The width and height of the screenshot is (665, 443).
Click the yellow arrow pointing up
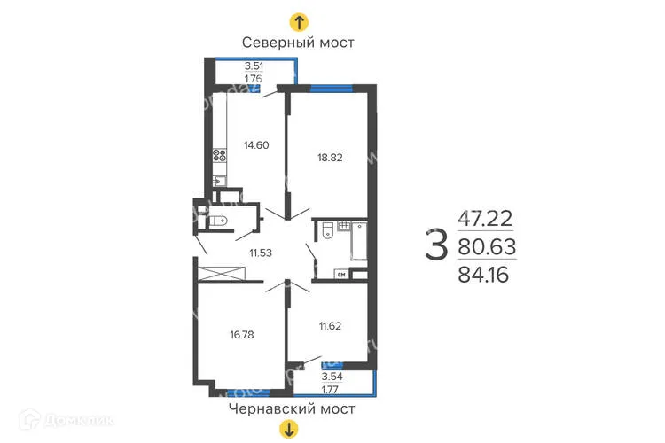click(x=300, y=22)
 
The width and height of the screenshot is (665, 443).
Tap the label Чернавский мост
click(x=291, y=408)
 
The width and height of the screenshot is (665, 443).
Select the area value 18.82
click(x=330, y=159)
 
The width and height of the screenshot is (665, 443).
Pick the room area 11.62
click(x=329, y=325)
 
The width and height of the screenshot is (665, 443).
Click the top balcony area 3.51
click(x=256, y=65)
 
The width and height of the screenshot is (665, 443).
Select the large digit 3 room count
click(x=435, y=245)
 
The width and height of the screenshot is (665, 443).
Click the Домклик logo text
click(x=61, y=417)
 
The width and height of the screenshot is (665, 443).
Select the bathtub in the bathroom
click(x=359, y=240)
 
